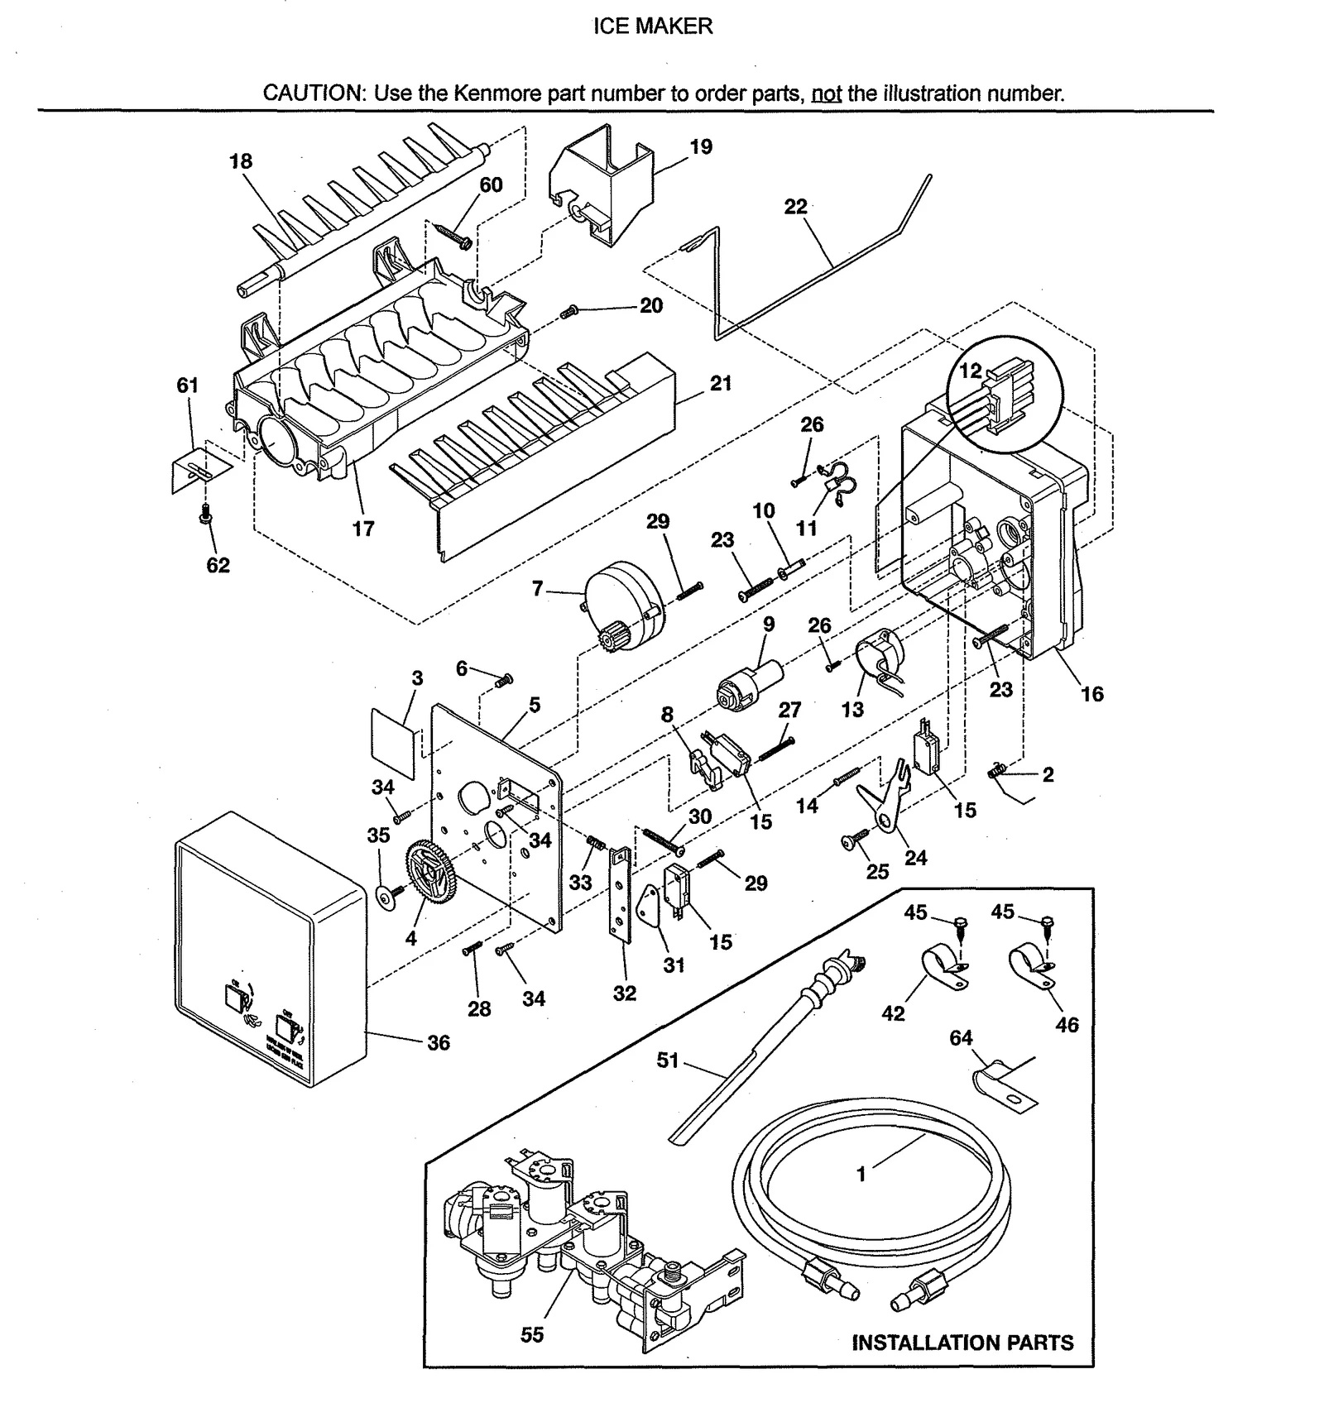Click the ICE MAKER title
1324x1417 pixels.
(x=653, y=26)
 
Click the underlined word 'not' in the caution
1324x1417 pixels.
(x=826, y=93)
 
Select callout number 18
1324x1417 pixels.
(x=241, y=161)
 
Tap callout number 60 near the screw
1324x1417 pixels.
(x=491, y=184)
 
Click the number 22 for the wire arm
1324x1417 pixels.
(x=795, y=207)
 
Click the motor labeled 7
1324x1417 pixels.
(x=622, y=608)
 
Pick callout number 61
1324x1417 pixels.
(x=188, y=385)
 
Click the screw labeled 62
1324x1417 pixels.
(x=203, y=516)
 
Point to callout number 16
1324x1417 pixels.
(x=1092, y=694)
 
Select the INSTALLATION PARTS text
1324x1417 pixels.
(x=962, y=1343)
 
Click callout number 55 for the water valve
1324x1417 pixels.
(x=532, y=1334)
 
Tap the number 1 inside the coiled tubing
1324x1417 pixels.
(x=861, y=1174)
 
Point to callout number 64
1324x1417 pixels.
(x=961, y=1037)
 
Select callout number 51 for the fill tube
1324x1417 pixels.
(x=667, y=1060)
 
